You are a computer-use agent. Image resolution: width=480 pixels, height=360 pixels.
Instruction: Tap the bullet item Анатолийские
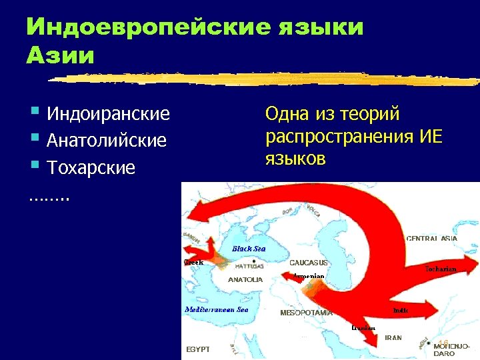pyautogui.click(x=107, y=141)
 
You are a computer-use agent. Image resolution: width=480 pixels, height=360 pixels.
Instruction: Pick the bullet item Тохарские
pyautogui.click(x=91, y=168)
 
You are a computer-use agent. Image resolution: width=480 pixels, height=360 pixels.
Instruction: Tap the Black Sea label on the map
pyautogui.click(x=248, y=249)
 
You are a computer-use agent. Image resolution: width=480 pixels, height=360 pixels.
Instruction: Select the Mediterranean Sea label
pyautogui.click(x=216, y=309)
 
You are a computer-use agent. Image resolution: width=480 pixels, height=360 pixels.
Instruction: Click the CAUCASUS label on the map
pyautogui.click(x=308, y=263)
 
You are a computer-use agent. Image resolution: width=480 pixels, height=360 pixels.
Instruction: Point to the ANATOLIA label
pyautogui.click(x=245, y=279)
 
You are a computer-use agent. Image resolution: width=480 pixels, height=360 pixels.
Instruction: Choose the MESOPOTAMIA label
pyautogui.click(x=306, y=312)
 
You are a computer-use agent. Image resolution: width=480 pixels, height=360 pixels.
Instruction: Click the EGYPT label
pyautogui.click(x=197, y=349)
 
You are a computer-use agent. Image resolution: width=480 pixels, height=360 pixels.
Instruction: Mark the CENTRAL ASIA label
pyautogui.click(x=431, y=238)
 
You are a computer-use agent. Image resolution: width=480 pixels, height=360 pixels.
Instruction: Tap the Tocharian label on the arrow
pyautogui.click(x=441, y=269)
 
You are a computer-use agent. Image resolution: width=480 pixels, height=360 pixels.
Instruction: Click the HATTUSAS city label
pyautogui.click(x=247, y=265)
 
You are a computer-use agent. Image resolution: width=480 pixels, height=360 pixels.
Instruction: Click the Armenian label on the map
pyautogui.click(x=309, y=276)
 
